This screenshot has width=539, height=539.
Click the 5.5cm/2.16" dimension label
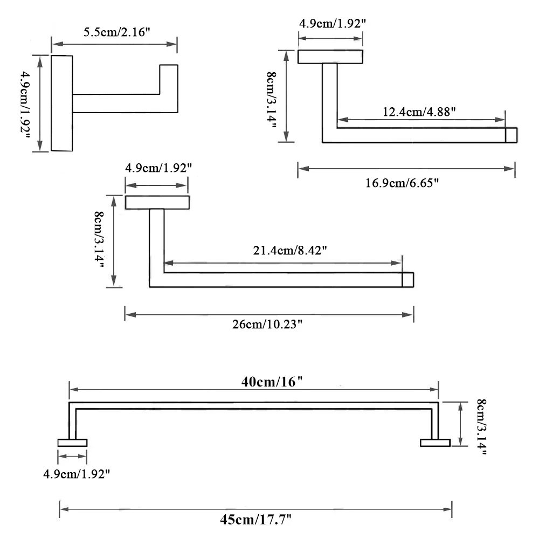(117, 32)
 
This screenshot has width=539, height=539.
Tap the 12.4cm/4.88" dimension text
(419, 112)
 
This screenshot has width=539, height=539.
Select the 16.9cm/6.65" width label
(402, 183)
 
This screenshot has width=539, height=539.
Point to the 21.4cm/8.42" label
(290, 250)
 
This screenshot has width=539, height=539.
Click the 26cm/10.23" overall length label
(267, 324)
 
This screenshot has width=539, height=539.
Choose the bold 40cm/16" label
(272, 382)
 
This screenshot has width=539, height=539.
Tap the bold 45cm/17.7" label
(255, 520)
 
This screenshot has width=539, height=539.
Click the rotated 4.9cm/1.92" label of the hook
(25, 105)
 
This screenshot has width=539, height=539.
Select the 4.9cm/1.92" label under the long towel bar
(77, 474)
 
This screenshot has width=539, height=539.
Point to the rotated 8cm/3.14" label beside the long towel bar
(481, 427)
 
